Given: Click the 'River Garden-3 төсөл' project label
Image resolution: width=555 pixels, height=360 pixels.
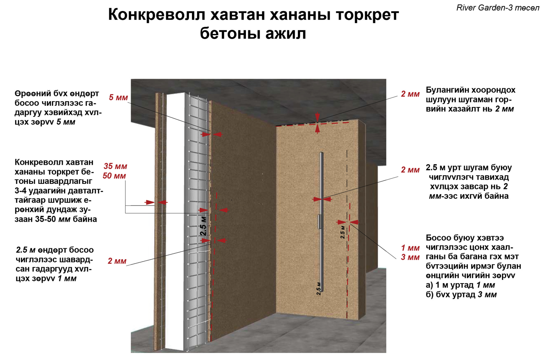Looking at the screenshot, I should [498, 8].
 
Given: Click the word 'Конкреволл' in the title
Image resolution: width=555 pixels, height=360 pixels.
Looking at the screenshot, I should [156, 15].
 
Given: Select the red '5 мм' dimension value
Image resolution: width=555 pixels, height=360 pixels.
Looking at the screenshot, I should [118, 97].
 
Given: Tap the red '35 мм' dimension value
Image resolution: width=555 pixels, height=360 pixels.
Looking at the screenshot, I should [115, 166].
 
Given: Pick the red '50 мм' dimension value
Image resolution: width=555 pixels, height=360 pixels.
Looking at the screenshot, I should [114, 176].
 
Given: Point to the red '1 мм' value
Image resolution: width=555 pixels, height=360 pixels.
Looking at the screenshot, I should [410, 248].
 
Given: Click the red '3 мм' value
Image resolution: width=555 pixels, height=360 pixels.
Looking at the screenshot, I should [410, 257].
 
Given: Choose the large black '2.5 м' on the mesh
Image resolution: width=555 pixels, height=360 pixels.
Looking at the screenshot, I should [203, 226].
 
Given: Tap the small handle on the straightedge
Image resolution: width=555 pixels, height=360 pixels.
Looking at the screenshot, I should [319, 221].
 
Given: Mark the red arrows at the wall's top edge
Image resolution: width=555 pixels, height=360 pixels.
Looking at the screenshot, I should [317, 123].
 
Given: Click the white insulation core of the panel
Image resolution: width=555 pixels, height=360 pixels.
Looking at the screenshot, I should [175, 219].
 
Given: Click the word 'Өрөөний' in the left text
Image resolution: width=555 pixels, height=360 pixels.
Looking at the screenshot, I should [32, 94].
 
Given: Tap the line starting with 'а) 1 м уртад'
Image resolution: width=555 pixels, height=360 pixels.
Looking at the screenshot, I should [460, 285].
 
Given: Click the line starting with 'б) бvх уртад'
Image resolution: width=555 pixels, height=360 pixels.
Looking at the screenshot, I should [461, 294].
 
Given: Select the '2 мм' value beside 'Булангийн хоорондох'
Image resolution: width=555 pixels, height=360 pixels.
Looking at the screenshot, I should [410, 94].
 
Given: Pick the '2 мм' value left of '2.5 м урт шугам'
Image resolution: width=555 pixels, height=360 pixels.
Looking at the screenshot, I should [410, 170].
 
